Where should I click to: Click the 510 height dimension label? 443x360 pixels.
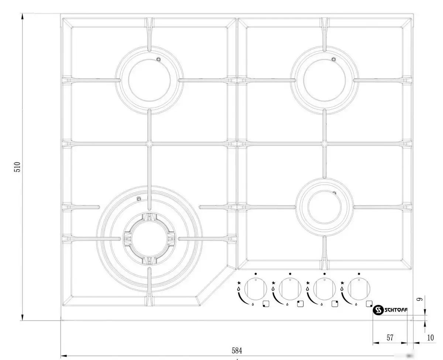[x=17, y=167]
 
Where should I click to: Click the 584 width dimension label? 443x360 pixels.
[x=237, y=351]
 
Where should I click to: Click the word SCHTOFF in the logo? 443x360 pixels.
[x=396, y=310]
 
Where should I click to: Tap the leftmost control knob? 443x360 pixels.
[x=255, y=289]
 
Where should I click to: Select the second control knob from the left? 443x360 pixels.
[x=290, y=289]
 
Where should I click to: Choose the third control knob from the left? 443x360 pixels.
[x=324, y=289]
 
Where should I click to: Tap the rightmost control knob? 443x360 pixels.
[x=359, y=289]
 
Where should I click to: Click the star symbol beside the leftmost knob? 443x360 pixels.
[x=239, y=282]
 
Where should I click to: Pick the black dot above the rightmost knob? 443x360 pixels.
[x=359, y=274]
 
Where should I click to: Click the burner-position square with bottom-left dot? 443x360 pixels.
[x=266, y=304]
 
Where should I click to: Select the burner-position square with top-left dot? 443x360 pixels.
[x=300, y=304]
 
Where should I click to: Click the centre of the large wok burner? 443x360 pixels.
[x=150, y=239]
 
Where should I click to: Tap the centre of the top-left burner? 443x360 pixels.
[x=150, y=80]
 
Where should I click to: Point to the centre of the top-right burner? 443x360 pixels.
[x=324, y=80]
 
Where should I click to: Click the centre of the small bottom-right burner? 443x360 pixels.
[x=324, y=207]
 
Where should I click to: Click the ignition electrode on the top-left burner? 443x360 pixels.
[x=159, y=59]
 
